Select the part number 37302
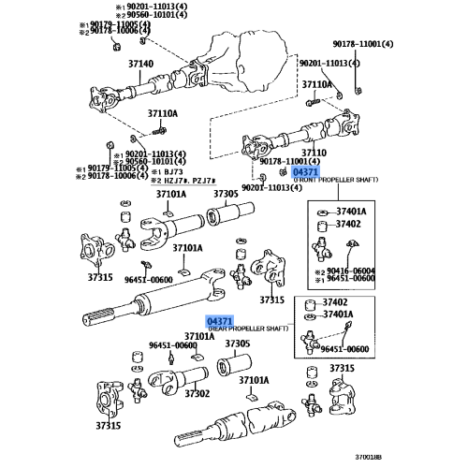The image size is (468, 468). point(197,394)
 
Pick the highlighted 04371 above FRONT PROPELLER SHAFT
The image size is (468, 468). point(305,173)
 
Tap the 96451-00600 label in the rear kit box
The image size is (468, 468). point(347,349)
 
